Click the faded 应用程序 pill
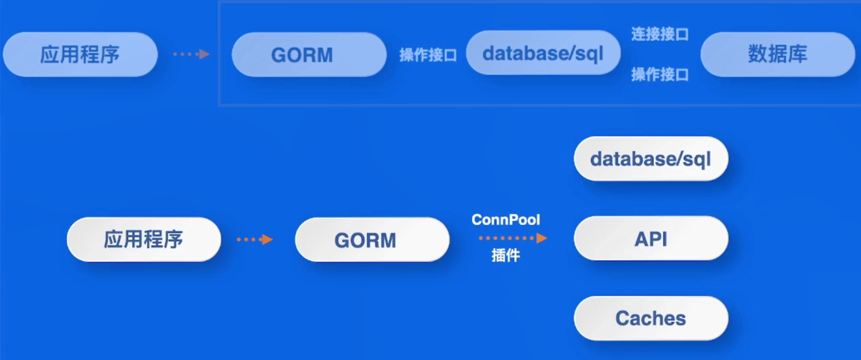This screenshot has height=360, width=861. pyautogui.click(x=80, y=54)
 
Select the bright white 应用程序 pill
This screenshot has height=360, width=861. pyautogui.click(x=144, y=239)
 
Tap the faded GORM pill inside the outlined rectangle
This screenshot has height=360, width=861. pyautogui.click(x=309, y=54)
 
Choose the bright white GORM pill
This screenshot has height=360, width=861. pyautogui.click(x=372, y=240)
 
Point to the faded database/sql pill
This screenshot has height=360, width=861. pyautogui.click(x=543, y=52)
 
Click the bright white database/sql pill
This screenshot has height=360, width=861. pyautogui.click(x=651, y=159)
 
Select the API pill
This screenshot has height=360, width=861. pyautogui.click(x=651, y=238)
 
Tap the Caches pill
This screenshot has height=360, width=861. pyautogui.click(x=651, y=318)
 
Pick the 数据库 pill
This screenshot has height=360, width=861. pyautogui.click(x=778, y=54)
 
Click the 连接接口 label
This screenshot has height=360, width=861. pyautogui.click(x=660, y=34)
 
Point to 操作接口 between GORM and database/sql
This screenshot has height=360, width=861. pyautogui.click(x=428, y=55)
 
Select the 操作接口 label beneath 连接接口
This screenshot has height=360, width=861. pyautogui.click(x=660, y=74)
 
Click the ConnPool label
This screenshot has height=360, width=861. pyautogui.click(x=506, y=220)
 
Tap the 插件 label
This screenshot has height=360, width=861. pyautogui.click(x=506, y=255)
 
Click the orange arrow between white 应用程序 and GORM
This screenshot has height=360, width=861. pyautogui.click(x=255, y=240)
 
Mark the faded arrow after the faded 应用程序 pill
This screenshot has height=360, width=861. pyautogui.click(x=191, y=54)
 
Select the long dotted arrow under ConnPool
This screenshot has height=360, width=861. pyautogui.click(x=513, y=238)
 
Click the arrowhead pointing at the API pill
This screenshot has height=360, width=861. pyautogui.click(x=542, y=238)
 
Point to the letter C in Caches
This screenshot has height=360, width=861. pyautogui.click(x=623, y=319)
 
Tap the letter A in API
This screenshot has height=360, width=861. pyautogui.click(x=641, y=239)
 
